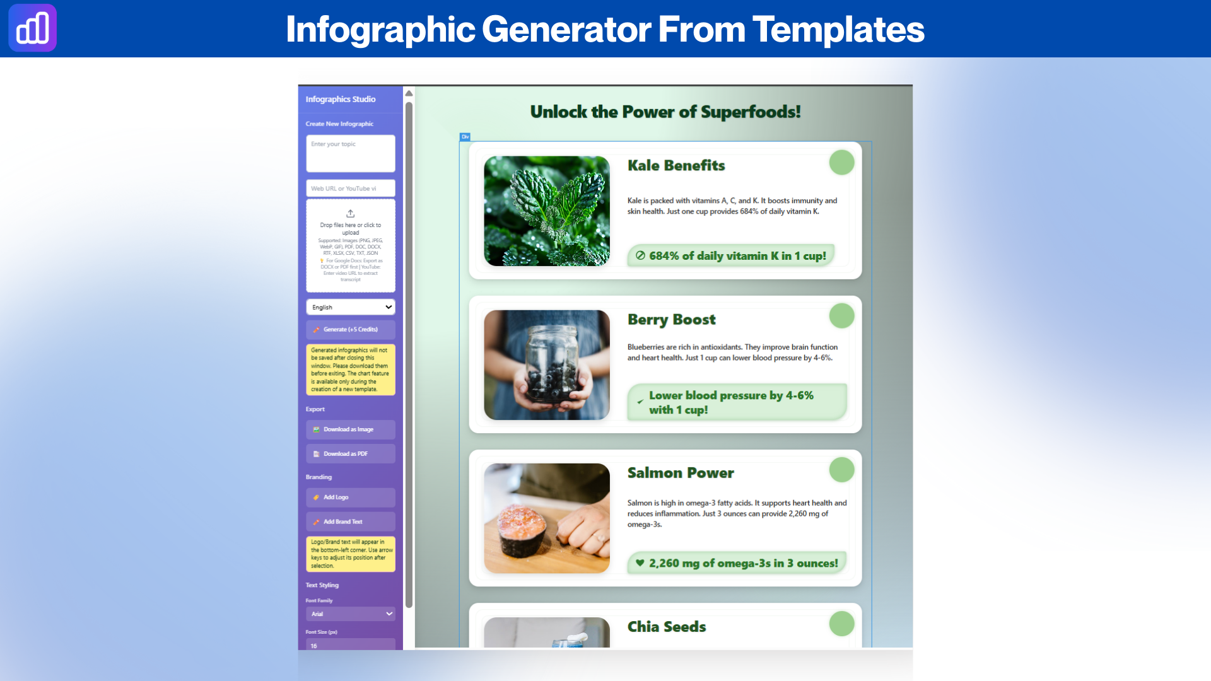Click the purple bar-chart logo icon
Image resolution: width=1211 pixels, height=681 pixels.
(x=32, y=28)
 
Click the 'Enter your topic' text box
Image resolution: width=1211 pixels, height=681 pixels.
(x=351, y=153)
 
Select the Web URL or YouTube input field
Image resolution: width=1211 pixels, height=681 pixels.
(x=351, y=189)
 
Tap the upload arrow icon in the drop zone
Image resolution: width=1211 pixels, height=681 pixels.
(x=351, y=214)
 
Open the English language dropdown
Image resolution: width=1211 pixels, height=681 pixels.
(x=351, y=307)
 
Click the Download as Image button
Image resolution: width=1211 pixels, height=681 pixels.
(x=351, y=429)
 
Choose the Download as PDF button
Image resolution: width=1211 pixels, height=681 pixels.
(x=351, y=454)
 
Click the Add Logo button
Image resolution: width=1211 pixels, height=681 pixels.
(x=351, y=498)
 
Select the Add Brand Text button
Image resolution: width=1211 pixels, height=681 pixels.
(x=351, y=522)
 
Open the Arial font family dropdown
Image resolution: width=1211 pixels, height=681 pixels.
(x=351, y=614)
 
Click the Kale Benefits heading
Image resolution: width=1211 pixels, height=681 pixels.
(x=676, y=166)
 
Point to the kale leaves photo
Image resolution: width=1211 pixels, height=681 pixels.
(x=547, y=211)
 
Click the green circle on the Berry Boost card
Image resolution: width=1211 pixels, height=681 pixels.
(x=841, y=316)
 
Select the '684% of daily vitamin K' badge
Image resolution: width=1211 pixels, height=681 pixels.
(x=731, y=256)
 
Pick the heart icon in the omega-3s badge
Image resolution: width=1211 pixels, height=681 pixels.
(x=640, y=563)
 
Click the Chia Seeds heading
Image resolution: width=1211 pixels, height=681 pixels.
(x=667, y=627)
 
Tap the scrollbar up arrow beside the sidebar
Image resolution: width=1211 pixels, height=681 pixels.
(x=409, y=93)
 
